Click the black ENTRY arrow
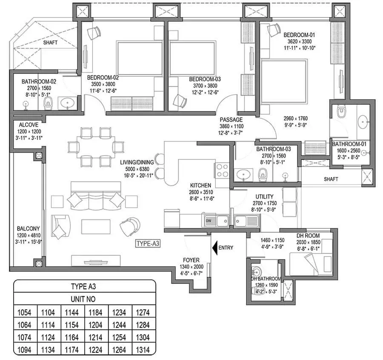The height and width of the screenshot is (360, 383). coord(214,248)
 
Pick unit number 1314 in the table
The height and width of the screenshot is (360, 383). coord(143,351)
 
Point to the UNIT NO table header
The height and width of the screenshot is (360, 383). coord(83,300)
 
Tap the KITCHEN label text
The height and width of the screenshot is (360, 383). coord(200,185)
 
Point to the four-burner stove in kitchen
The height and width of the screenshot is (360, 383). coord(223,170)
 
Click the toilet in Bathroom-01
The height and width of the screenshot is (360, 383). coord(340,112)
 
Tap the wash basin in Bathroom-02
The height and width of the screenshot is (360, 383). coord(66,103)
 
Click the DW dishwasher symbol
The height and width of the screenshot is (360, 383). coord(209,221)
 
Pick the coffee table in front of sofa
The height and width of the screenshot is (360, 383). coord(96,226)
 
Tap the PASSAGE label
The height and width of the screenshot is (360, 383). coord(231,120)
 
